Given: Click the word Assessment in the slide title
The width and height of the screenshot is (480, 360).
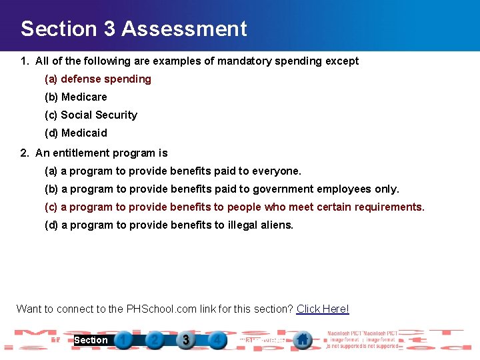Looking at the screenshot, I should tap(185, 29).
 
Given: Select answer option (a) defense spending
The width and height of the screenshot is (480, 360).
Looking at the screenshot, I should tap(98, 79).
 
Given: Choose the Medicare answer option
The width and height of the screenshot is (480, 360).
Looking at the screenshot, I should tap(76, 97).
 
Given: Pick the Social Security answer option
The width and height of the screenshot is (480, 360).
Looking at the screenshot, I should tap(91, 115).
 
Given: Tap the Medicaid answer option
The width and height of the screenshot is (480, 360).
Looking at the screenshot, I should tap(76, 133).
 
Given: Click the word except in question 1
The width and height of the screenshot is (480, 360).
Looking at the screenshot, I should tap(342, 61).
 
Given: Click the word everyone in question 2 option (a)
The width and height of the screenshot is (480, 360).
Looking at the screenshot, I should tap(279, 171).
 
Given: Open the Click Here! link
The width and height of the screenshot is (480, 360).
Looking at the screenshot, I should tap(323, 309).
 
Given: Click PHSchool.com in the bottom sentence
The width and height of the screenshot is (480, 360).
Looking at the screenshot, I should tap(159, 309).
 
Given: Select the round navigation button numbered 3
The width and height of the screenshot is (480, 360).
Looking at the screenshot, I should tap(186, 340).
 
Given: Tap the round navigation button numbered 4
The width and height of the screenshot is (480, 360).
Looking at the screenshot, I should tap(216, 340).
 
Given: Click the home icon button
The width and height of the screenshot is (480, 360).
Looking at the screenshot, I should tap(303, 339).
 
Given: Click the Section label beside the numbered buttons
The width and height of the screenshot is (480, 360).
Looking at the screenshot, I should tap(91, 340).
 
